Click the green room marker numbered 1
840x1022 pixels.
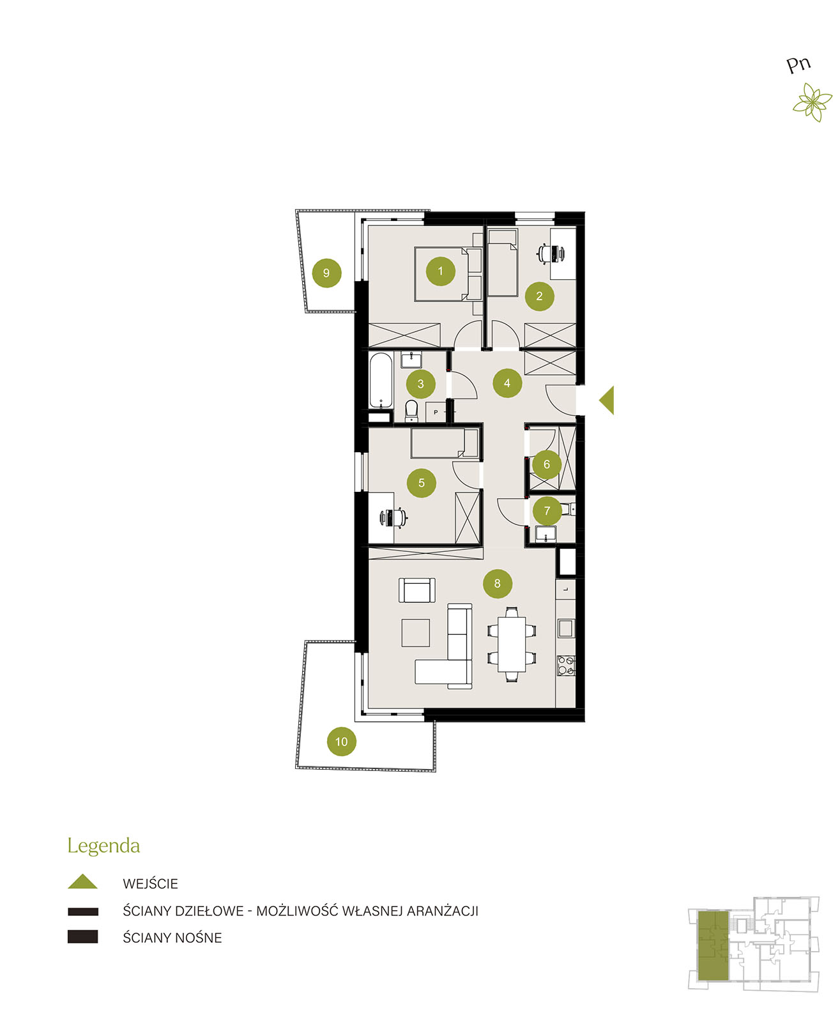coord(440,271)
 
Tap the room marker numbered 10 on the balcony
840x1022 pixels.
coord(341,742)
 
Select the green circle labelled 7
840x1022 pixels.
coord(547,511)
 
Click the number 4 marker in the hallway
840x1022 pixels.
coord(507,383)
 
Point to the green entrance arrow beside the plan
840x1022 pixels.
coord(607,400)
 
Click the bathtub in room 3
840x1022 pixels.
coord(381,381)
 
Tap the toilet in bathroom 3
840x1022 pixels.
coord(411,411)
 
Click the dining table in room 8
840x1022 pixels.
coord(512,644)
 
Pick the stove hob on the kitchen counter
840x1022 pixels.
coord(566,666)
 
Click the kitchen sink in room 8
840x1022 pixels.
coord(565,628)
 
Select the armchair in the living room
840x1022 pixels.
coord(417,590)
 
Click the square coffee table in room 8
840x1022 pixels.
coord(415,633)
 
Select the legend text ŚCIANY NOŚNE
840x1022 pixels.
coord(172,938)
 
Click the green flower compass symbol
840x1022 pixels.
coord(812,102)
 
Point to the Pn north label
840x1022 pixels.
coord(798,65)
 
